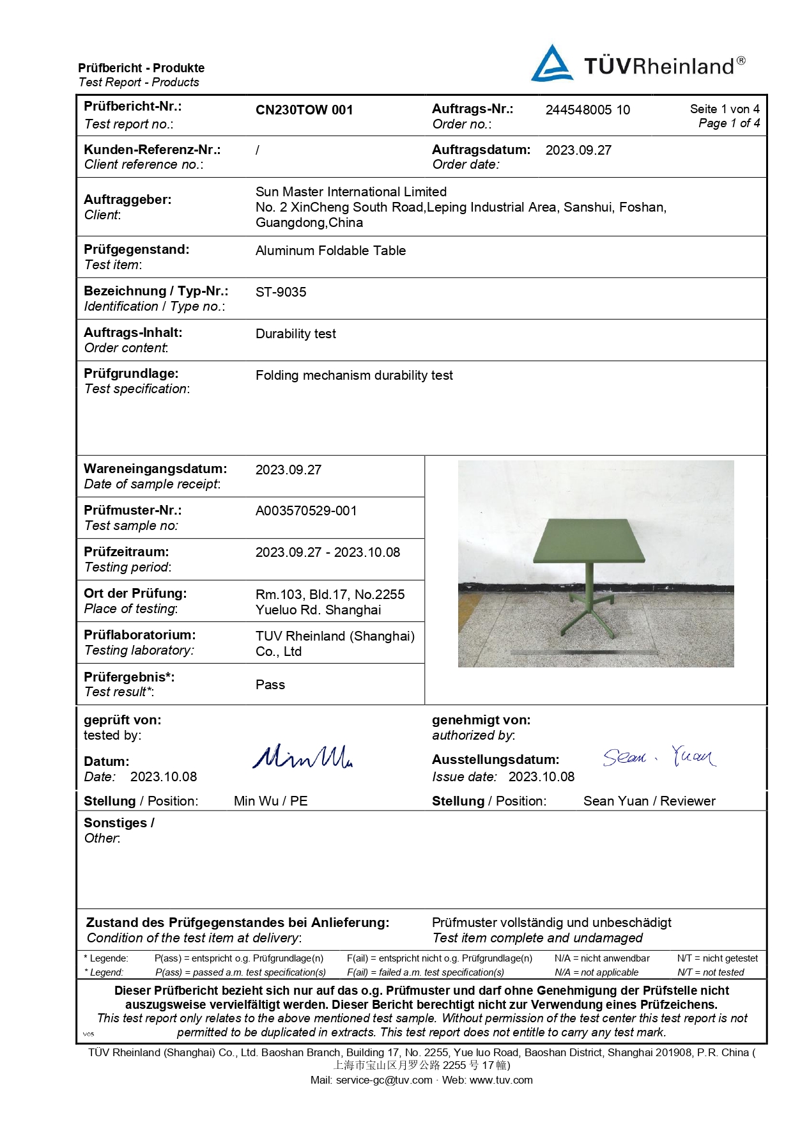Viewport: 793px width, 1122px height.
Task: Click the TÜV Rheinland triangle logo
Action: [x=552, y=64]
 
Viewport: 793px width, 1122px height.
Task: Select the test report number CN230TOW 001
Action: [x=304, y=110]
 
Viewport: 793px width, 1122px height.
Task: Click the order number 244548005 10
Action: [x=587, y=110]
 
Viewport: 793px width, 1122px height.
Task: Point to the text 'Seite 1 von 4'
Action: [x=725, y=109]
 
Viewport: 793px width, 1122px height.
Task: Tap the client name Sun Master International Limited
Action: [x=351, y=192]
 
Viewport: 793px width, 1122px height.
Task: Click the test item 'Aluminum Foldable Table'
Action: [x=330, y=251]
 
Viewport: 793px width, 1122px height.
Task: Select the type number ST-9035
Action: [x=281, y=292]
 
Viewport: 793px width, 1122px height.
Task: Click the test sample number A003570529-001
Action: [x=306, y=511]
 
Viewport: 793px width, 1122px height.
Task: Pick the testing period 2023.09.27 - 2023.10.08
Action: [x=327, y=552]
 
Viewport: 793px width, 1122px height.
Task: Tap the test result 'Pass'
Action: [x=270, y=685]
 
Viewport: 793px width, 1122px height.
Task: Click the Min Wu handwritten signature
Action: [x=302, y=757]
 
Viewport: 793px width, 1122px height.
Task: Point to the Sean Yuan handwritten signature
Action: [x=659, y=757]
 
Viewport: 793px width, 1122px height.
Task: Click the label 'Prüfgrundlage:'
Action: [x=131, y=373]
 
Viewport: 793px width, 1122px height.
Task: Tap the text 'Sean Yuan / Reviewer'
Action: [x=649, y=801]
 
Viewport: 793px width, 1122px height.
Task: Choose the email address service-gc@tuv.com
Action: [x=384, y=1080]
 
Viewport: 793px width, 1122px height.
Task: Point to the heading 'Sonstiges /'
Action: [x=119, y=823]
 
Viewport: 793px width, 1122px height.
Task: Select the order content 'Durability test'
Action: [x=295, y=334]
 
